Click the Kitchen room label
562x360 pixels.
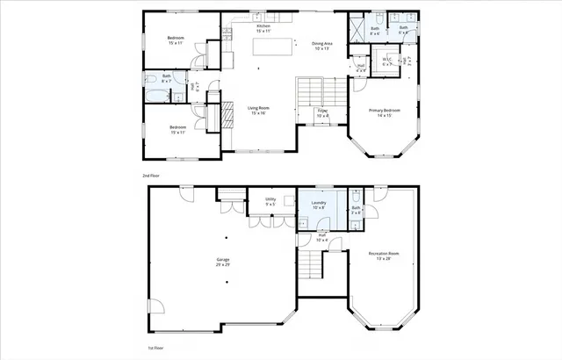tap(263, 25)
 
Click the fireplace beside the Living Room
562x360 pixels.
tap(225, 114)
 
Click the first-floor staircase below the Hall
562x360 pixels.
tap(310, 263)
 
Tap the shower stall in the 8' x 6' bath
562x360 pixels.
tap(358, 28)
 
